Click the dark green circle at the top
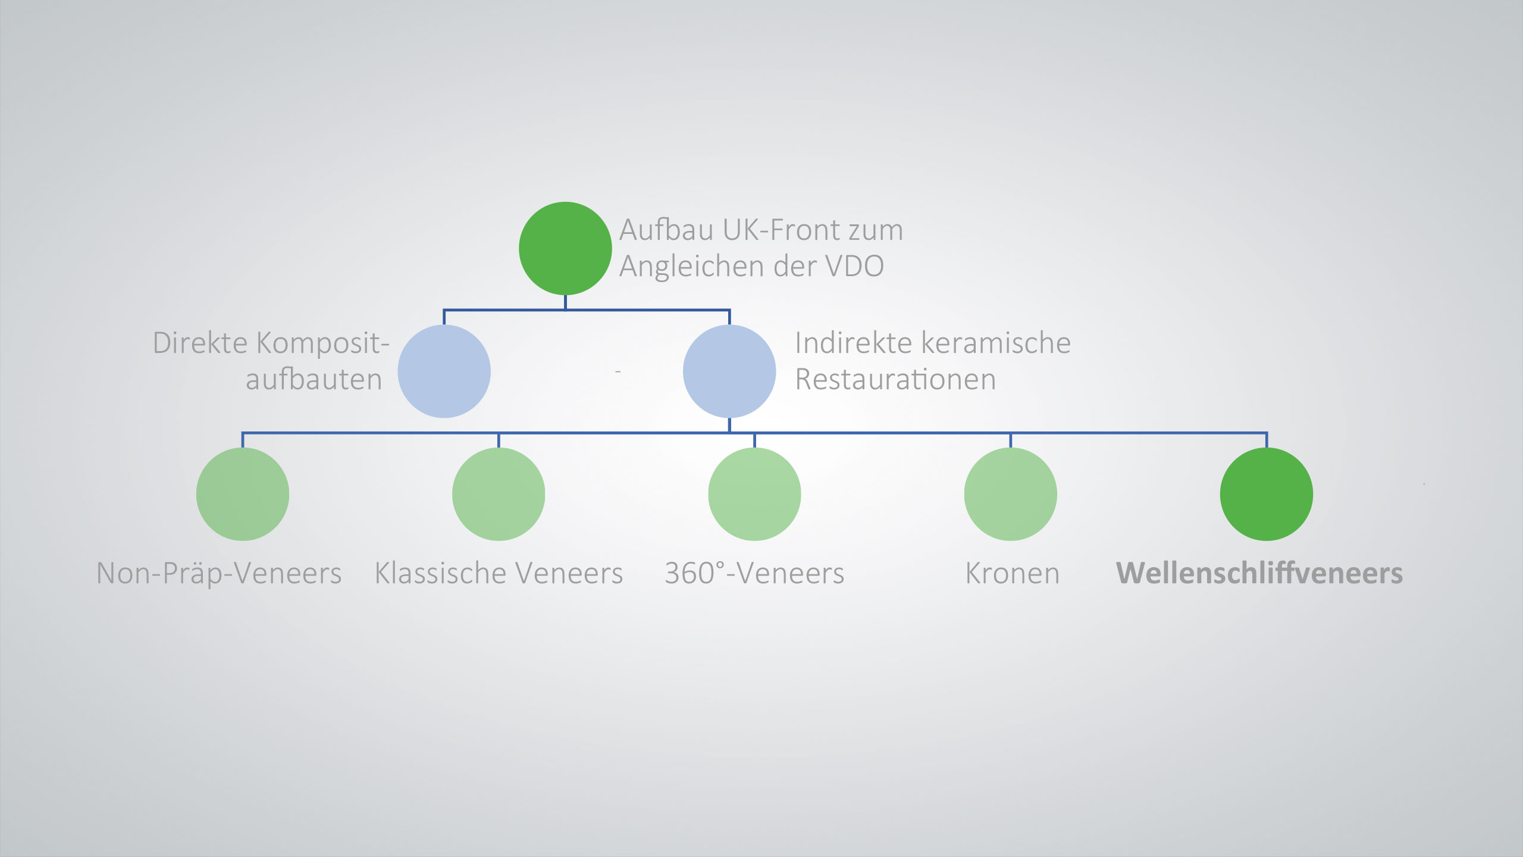pyautogui.click(x=565, y=248)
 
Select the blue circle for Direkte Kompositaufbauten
pyautogui.click(x=444, y=371)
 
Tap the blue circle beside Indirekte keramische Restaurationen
pyautogui.click(x=729, y=371)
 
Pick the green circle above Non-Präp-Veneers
pyautogui.click(x=243, y=494)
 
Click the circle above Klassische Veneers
pyautogui.click(x=499, y=494)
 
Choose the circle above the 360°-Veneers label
pyautogui.click(x=754, y=494)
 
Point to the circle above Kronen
pyautogui.click(x=1010, y=494)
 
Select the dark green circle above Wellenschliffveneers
pyautogui.click(x=1266, y=494)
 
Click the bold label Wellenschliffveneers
pyautogui.click(x=1259, y=573)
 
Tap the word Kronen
pyautogui.click(x=1013, y=574)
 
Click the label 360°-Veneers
pyautogui.click(x=754, y=574)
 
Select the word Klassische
pyautogui.click(x=440, y=574)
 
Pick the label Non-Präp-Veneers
pyautogui.click(x=219, y=574)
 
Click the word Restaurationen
pyautogui.click(x=895, y=380)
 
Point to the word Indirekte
pyautogui.click(x=854, y=343)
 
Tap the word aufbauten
pyautogui.click(x=314, y=380)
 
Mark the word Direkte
pyautogui.click(x=200, y=343)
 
